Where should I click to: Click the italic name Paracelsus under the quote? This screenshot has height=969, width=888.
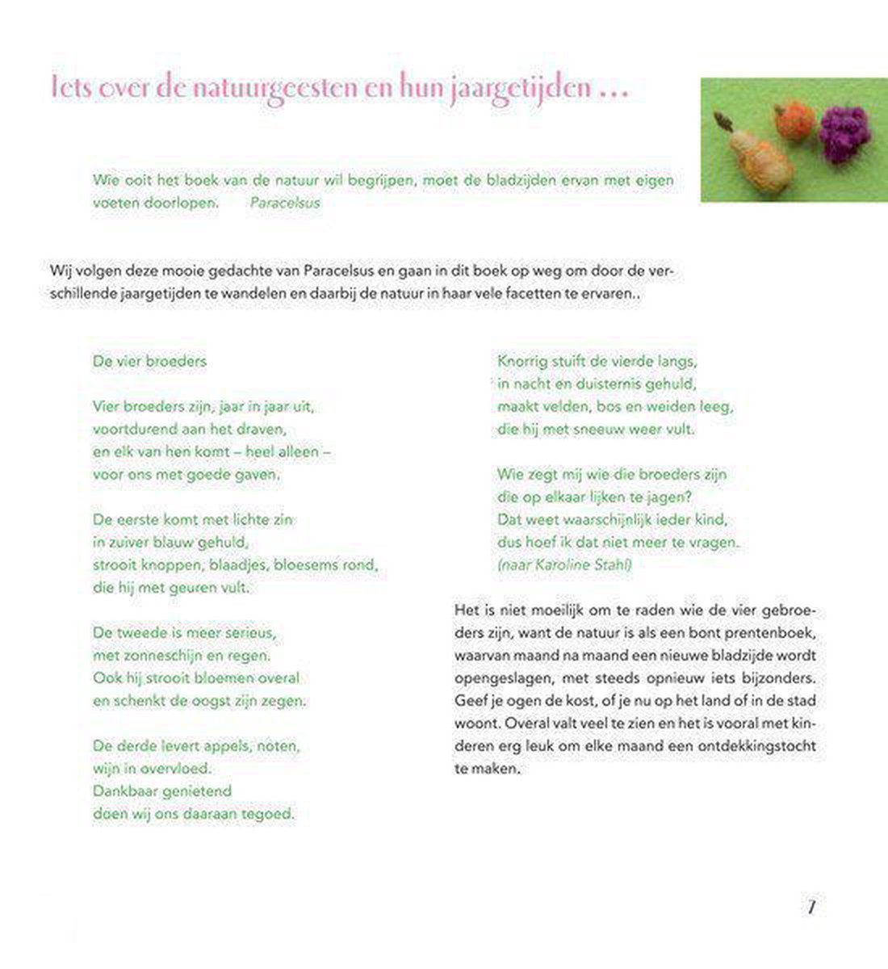[285, 203]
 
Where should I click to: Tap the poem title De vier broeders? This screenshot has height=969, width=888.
[149, 361]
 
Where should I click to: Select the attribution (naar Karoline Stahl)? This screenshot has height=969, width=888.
[564, 564]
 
